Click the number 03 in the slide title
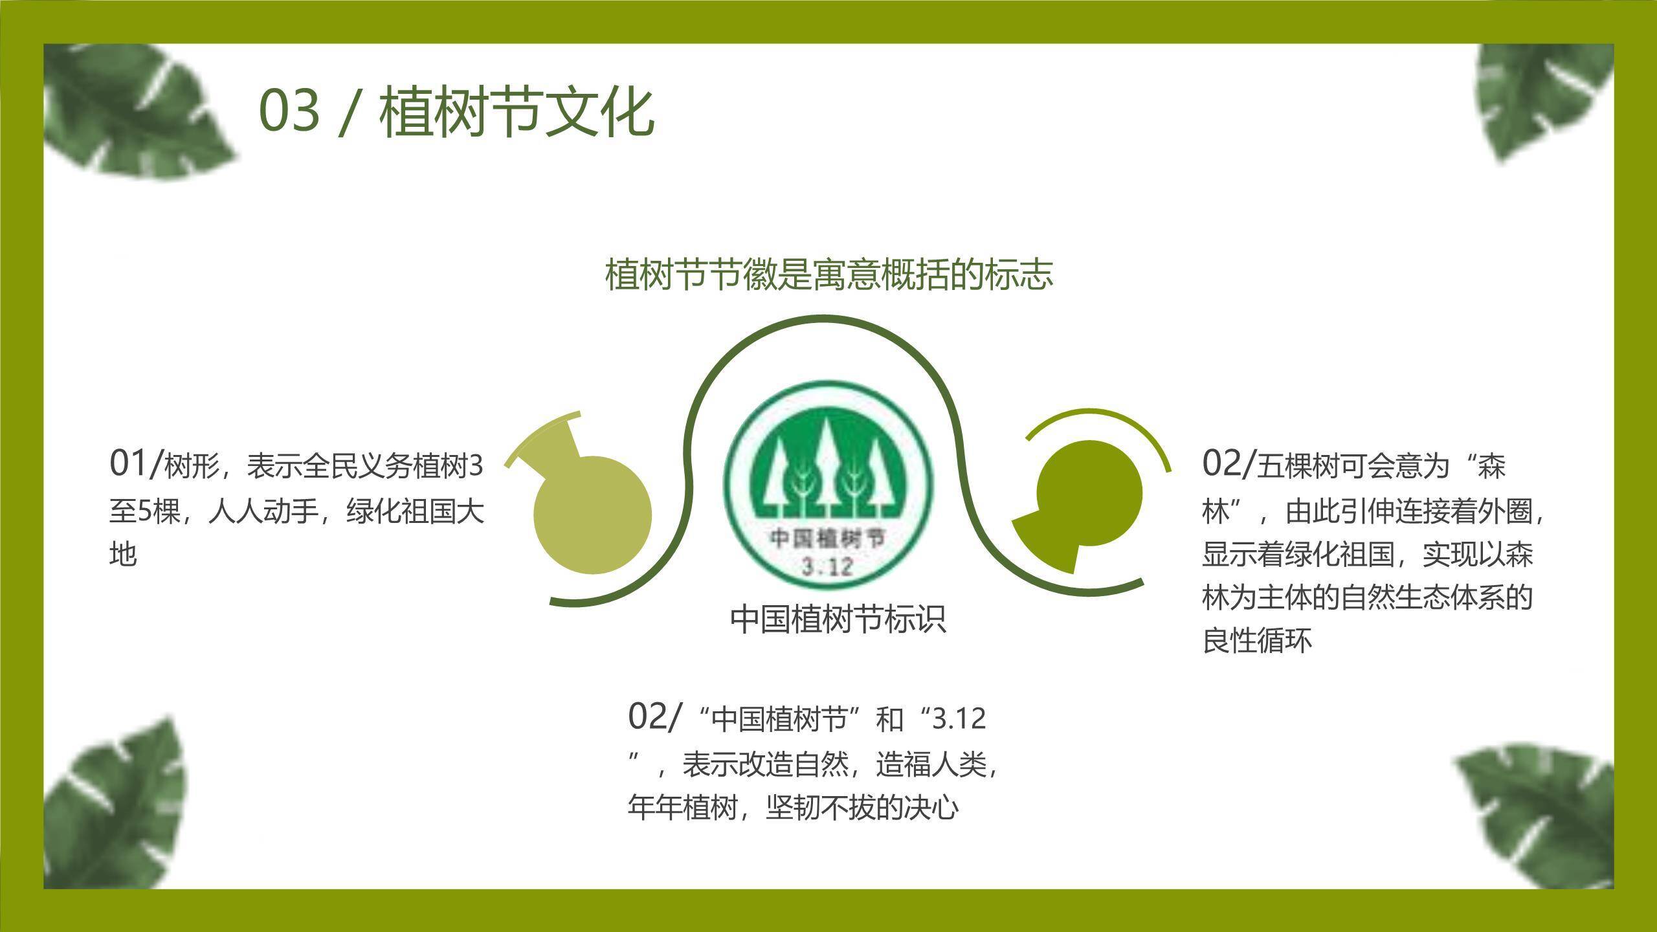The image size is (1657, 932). coord(289,111)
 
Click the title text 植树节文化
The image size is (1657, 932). coord(517,113)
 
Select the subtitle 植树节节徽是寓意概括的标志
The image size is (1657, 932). coord(828,274)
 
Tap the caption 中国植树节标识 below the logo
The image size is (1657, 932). coord(838,619)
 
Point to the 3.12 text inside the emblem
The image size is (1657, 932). coord(827,568)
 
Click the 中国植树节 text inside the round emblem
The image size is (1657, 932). coord(827,538)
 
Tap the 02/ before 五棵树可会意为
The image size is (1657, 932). coord(1228,463)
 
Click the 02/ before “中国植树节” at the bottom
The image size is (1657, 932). coord(654,716)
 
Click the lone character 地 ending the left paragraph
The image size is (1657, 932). coord(123,555)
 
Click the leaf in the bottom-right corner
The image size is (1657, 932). coord(1540,815)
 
